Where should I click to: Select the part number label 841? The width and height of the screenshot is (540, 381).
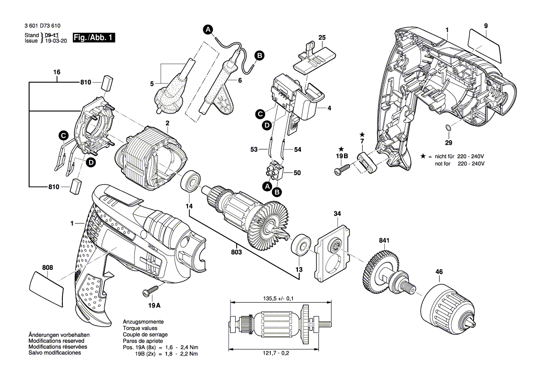(x=384, y=240)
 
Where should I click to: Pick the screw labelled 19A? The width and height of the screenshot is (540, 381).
(x=151, y=290)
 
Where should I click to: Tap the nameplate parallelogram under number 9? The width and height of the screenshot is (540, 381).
(x=485, y=45)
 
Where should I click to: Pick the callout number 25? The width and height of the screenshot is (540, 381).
(x=322, y=37)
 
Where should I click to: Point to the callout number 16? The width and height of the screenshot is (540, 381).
(x=57, y=72)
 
